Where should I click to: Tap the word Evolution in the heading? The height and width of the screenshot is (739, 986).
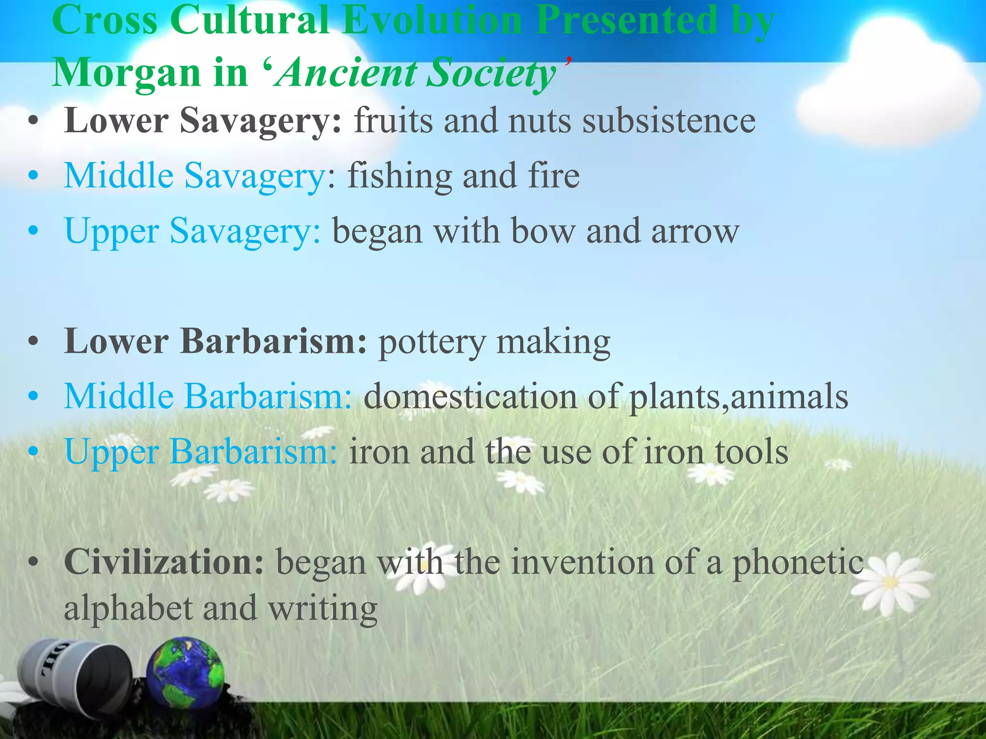pyautogui.click(x=432, y=20)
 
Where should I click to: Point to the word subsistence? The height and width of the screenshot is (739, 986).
pyautogui.click(x=669, y=120)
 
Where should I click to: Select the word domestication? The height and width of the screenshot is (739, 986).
pyautogui.click(x=470, y=397)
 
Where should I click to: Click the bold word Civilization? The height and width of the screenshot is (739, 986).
pyautogui.click(x=164, y=562)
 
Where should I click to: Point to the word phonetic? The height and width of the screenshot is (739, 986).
pyautogui.click(x=798, y=562)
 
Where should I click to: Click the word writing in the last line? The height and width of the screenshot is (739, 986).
pyautogui.click(x=323, y=609)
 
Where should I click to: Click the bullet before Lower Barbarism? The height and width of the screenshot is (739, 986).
pyautogui.click(x=33, y=343)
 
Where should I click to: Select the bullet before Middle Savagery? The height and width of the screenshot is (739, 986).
pyautogui.click(x=33, y=176)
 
